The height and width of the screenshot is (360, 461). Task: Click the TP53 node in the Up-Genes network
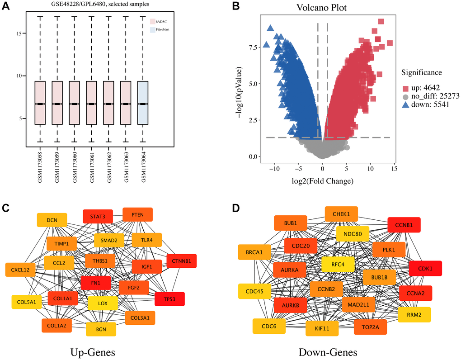169,299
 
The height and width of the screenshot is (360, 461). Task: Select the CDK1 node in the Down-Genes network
425,268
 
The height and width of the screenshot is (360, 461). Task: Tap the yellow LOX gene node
103,303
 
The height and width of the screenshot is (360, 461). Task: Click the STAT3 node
98,216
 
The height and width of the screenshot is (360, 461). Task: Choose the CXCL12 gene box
20,270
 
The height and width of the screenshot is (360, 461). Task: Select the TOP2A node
371,326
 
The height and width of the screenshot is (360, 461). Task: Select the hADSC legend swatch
152,21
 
